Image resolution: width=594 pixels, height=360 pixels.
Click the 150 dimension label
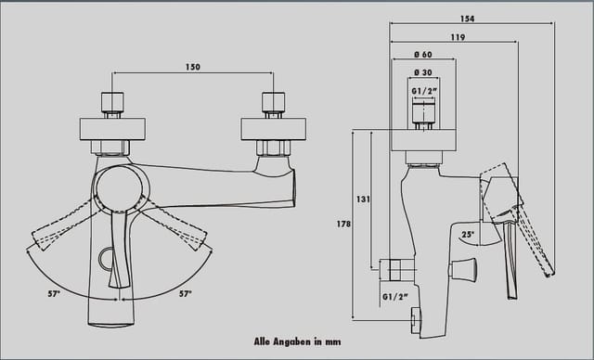click(x=193, y=67)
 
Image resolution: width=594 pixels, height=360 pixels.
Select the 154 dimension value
click(x=467, y=19)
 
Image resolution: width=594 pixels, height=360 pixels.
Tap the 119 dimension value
click(x=458, y=37)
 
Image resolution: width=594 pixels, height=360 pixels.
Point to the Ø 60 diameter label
click(x=423, y=55)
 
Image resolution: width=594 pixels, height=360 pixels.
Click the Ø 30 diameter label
click(x=423, y=72)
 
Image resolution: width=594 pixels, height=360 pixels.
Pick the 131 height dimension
click(x=363, y=199)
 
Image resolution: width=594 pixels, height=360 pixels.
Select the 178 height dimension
click(x=343, y=225)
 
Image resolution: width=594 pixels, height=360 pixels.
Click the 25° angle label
click(x=468, y=235)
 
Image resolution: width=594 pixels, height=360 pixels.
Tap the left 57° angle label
click(x=54, y=293)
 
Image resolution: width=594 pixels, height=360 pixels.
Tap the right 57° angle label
click(x=186, y=293)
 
